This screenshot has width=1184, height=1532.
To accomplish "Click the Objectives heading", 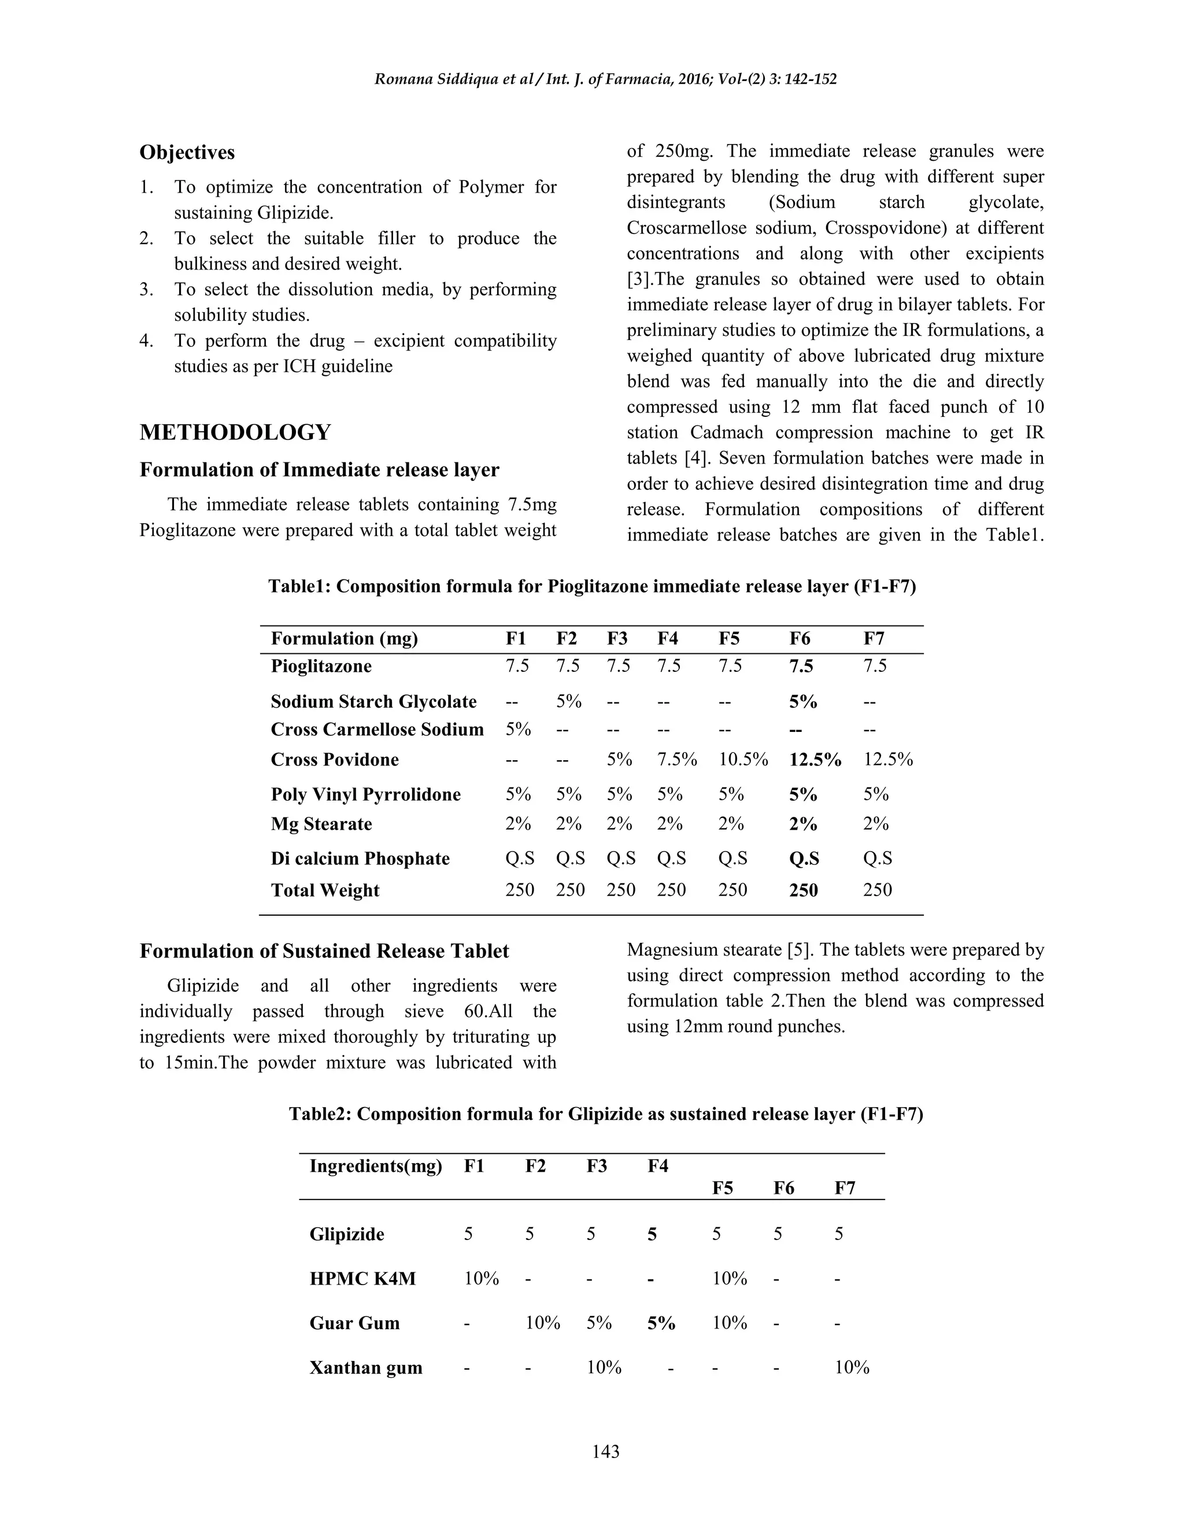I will pyautogui.click(x=187, y=152).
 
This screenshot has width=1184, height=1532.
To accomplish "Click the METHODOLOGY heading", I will pyautogui.click(x=235, y=432).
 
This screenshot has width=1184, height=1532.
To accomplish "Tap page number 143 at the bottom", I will pyautogui.click(x=605, y=1451).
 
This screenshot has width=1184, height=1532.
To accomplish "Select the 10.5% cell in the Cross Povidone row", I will pyautogui.click(x=743, y=760).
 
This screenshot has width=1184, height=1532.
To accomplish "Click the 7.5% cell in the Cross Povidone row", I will pyautogui.click(x=677, y=760).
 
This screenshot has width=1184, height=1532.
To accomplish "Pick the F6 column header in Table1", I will pyautogui.click(x=800, y=638).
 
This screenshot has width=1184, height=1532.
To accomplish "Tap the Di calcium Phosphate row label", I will pyautogui.click(x=360, y=858).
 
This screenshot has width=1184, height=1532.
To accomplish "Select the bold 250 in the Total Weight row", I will pyautogui.click(x=803, y=890).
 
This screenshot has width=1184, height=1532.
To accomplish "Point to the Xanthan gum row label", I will pyautogui.click(x=365, y=1368).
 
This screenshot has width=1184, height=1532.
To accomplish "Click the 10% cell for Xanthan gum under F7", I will pyautogui.click(x=852, y=1368).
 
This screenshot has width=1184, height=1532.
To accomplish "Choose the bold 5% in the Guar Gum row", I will pyautogui.click(x=661, y=1323).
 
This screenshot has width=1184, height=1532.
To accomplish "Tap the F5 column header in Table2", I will pyautogui.click(x=723, y=1187).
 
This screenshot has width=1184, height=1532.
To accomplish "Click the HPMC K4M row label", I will pyautogui.click(x=362, y=1279).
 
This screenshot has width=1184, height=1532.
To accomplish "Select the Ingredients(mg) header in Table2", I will pyautogui.click(x=375, y=1166).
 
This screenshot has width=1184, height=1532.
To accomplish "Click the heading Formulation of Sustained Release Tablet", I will pyautogui.click(x=324, y=951).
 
